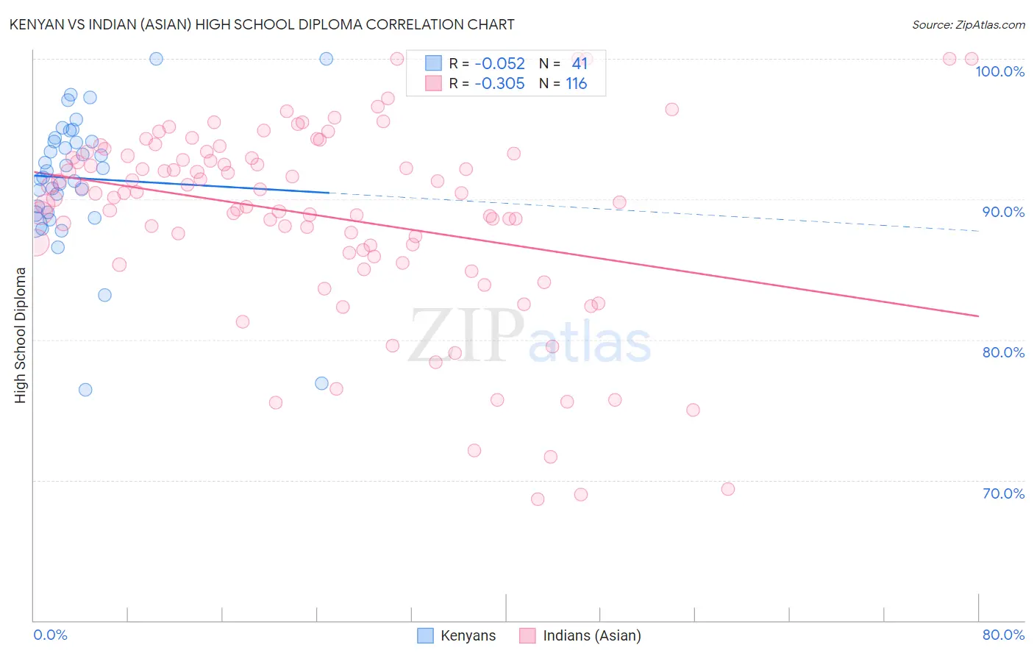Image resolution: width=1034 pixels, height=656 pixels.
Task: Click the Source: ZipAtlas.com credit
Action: [x=968, y=25]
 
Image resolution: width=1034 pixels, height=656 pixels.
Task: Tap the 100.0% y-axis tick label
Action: [x=999, y=71]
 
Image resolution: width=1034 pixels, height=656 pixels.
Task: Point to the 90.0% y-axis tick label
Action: [x=1003, y=212]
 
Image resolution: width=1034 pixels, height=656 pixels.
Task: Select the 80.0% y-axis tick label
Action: [x=1003, y=352]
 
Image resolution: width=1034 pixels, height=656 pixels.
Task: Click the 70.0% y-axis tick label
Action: [x=1003, y=493]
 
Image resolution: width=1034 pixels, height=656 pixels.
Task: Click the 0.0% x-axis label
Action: [x=50, y=635]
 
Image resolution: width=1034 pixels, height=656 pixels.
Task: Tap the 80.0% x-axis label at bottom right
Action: [x=1003, y=635]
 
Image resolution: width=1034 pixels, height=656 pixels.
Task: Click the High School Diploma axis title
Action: [x=21, y=335]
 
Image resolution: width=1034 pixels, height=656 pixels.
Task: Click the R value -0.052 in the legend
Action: [x=499, y=63]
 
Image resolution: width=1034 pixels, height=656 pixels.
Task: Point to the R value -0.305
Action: [x=499, y=84]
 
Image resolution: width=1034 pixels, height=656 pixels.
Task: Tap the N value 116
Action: [x=576, y=84]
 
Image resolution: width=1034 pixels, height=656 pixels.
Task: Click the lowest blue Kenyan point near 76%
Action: [x=85, y=390]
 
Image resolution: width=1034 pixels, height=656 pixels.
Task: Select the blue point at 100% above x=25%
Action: [x=327, y=59]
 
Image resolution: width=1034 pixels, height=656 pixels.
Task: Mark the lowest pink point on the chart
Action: [x=538, y=499]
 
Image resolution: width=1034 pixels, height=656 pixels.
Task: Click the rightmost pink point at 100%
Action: [x=971, y=59]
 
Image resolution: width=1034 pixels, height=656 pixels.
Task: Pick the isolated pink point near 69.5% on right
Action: [x=728, y=489]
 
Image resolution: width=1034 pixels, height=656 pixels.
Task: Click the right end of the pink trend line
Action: [x=978, y=315]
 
